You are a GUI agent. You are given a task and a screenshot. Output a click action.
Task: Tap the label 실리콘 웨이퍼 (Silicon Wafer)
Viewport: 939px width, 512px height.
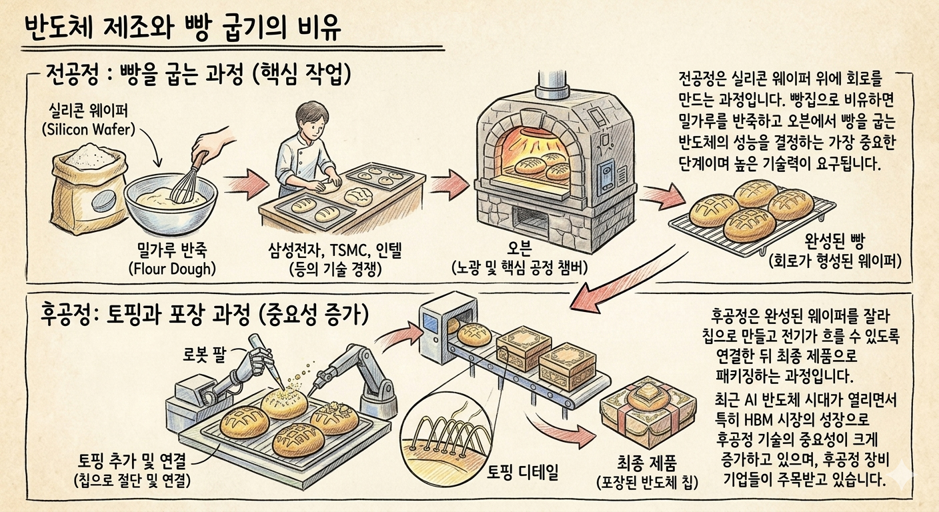click(89, 120)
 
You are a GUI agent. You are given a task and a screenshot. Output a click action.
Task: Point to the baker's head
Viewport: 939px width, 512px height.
click(311, 121)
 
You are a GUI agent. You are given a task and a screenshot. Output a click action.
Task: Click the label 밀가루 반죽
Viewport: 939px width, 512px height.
click(172, 251)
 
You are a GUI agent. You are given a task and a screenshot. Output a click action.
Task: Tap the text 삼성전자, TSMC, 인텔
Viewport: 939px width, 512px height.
click(335, 251)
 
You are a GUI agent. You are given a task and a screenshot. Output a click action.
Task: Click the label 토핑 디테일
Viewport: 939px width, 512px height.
click(522, 472)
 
